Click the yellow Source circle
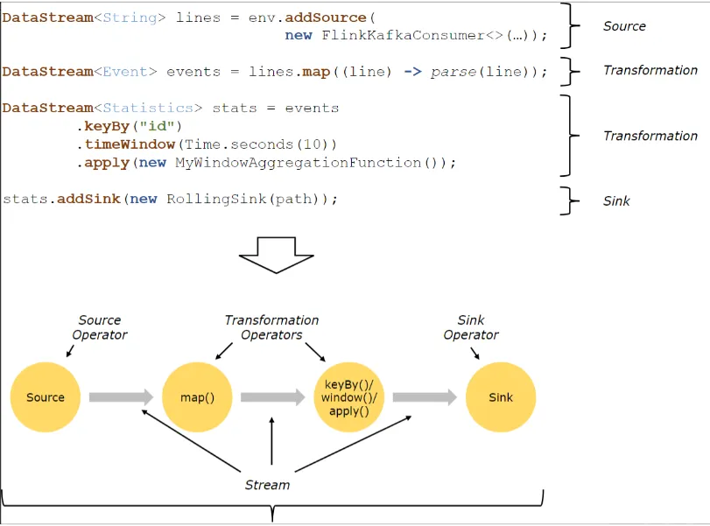click(46, 397)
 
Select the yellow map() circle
click(197, 397)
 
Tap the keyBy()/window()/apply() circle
click(348, 397)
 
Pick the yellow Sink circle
click(501, 397)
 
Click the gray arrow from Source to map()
click(122, 397)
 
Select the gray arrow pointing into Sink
click(425, 397)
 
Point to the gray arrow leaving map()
click(273, 397)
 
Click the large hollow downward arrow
click(277, 255)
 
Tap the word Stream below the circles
click(267, 485)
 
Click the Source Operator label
click(100, 327)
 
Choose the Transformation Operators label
click(271, 327)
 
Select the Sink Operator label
click(471, 327)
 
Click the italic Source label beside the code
click(624, 26)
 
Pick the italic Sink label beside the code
click(616, 201)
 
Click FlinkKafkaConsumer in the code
click(403, 35)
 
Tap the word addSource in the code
click(326, 18)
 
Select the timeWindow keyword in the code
click(130, 144)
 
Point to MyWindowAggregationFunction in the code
click(299, 163)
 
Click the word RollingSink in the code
click(217, 200)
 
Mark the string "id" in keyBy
click(157, 125)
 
